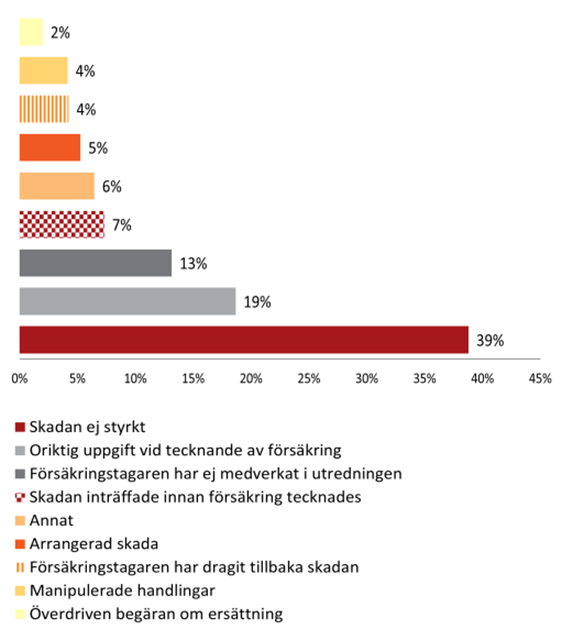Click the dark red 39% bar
pos(244,340)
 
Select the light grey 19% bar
pos(127,301)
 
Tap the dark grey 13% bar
pos(95,263)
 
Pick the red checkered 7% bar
pos(62,225)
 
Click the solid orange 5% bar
pos(50,148)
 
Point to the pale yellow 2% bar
pos(32,33)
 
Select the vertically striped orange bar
pos(45,109)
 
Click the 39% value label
pos(490,340)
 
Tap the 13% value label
pos(193,263)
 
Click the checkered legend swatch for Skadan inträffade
pos(21,498)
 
